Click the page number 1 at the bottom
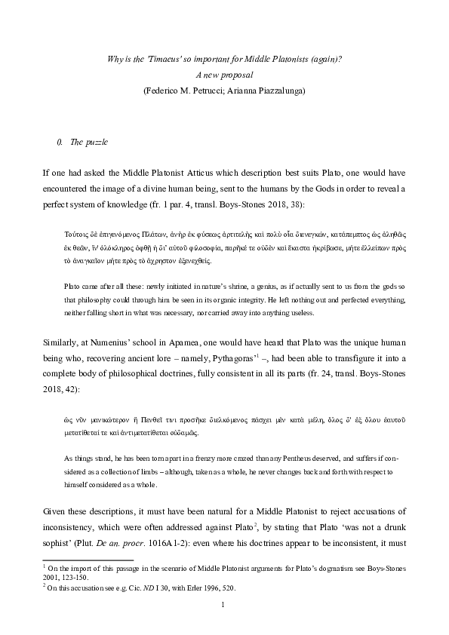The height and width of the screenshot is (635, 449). pyautogui.click(x=224, y=605)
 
